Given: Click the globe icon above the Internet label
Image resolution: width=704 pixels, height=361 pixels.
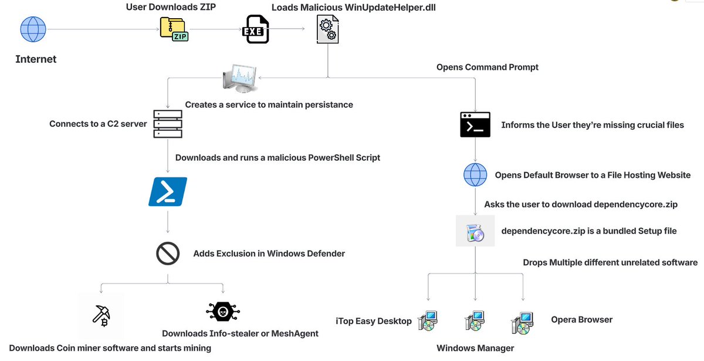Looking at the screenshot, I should pos(33,29).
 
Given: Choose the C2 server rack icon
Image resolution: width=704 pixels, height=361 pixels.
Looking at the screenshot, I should pos(168,124).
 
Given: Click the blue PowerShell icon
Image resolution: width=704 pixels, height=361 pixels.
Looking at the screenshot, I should pos(168,192).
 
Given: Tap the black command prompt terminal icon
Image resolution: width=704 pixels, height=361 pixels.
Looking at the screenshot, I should pos(475,124).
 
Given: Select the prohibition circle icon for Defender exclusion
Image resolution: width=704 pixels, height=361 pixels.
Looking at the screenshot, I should pos(167,254).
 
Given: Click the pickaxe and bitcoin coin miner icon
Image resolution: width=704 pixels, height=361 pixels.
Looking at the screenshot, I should pos(101,315).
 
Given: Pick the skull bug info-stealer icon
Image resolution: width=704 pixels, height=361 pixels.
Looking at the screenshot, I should pos(224,312).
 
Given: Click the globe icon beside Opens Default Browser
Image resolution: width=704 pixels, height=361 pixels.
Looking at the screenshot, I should pos(475,175).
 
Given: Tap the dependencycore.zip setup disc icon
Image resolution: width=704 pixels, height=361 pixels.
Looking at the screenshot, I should pos(475,232).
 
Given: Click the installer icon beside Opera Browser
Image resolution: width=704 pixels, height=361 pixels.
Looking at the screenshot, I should pos(522,320).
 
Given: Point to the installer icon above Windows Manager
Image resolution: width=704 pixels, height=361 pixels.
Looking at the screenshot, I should pos(475,320).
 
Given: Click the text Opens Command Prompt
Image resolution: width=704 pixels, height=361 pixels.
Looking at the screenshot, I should pos(487,68).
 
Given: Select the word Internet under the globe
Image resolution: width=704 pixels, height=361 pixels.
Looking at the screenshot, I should pos(36,59).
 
